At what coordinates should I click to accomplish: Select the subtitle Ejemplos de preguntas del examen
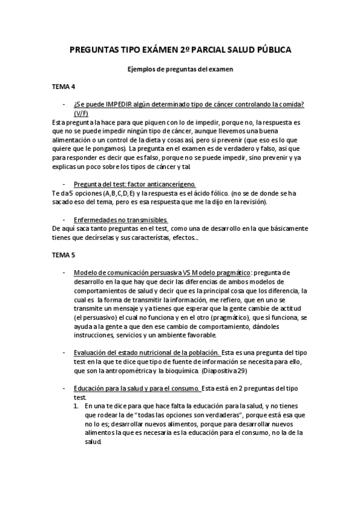180,69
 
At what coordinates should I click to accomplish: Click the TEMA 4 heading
64,87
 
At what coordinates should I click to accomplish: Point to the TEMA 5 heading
64,255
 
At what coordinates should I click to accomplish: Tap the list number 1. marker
76,407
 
